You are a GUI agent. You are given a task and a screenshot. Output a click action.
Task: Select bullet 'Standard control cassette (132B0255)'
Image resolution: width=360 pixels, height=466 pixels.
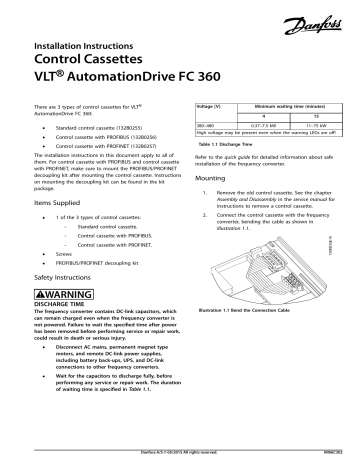coord(110,130)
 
